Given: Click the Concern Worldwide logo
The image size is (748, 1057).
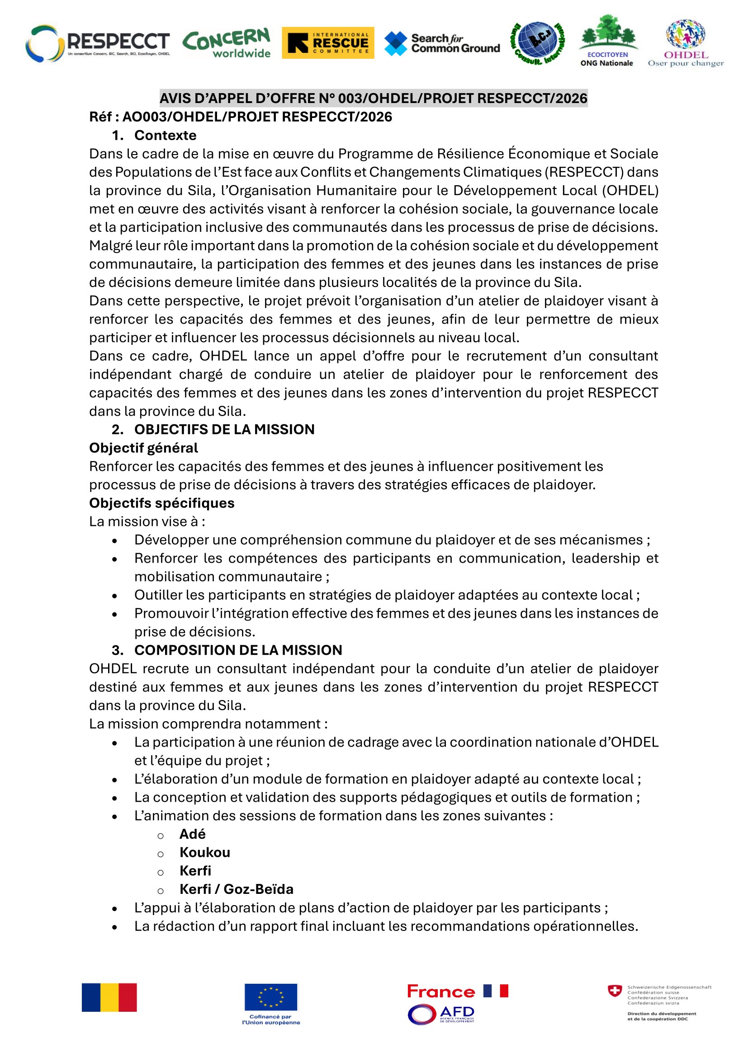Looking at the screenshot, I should pyautogui.click(x=226, y=43).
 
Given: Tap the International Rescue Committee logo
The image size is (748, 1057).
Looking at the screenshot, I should pyautogui.click(x=327, y=43).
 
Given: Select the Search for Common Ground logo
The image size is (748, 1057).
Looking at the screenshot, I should pyautogui.click(x=442, y=44).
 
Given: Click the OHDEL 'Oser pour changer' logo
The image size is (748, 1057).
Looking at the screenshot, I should pyautogui.click(x=685, y=43).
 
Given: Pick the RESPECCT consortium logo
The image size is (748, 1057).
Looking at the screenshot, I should pyautogui.click(x=98, y=43).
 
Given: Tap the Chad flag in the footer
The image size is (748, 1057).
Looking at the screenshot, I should pyautogui.click(x=109, y=997).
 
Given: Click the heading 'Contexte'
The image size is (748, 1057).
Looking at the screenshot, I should pyautogui.click(x=165, y=136).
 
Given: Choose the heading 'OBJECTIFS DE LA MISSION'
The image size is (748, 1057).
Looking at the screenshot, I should pyautogui.click(x=224, y=429).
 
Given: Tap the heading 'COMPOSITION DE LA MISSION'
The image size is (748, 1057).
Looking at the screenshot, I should pyautogui.click(x=238, y=649).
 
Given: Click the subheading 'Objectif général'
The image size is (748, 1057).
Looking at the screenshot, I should pyautogui.click(x=143, y=447).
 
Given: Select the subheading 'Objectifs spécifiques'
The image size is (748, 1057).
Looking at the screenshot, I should pyautogui.click(x=161, y=503).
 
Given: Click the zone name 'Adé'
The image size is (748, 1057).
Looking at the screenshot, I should pyautogui.click(x=193, y=834).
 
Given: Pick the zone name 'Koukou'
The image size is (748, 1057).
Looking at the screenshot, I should pyautogui.click(x=204, y=852).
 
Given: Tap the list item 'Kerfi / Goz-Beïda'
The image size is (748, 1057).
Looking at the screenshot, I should pyautogui.click(x=236, y=889).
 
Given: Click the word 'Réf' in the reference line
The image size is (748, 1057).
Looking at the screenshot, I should pyautogui.click(x=101, y=117).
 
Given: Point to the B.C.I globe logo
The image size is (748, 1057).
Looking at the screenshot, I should pyautogui.click(x=538, y=42).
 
